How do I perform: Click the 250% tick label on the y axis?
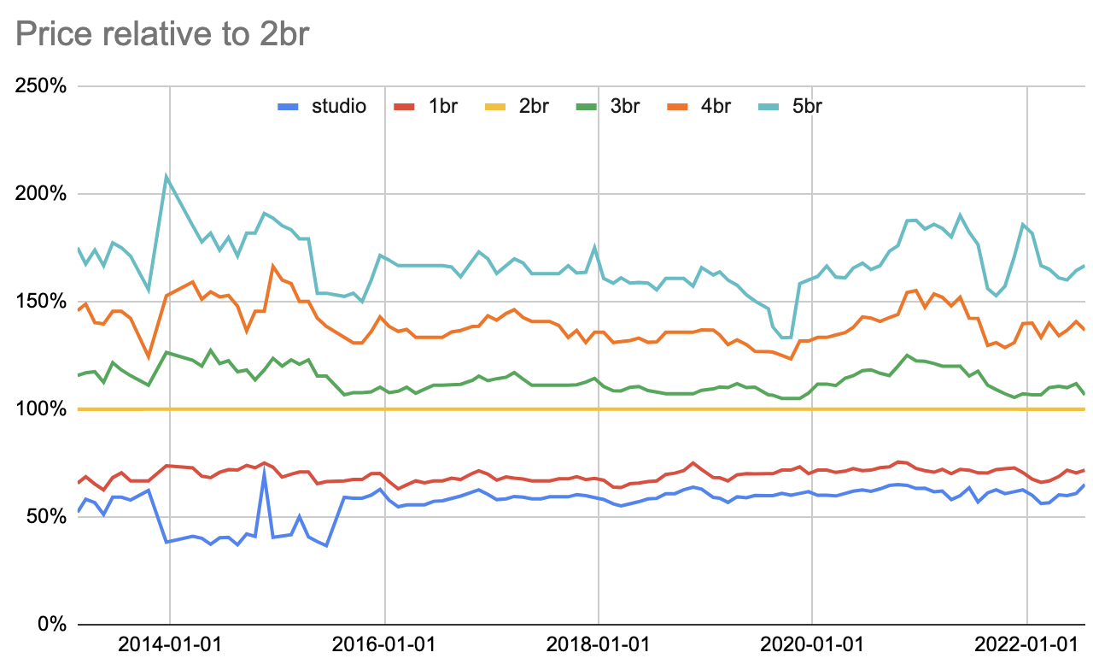coord(41,86)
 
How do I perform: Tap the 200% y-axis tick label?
coord(41,194)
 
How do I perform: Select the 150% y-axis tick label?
coord(41,302)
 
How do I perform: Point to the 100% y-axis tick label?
coord(41,409)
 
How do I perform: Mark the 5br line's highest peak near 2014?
coord(167,177)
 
